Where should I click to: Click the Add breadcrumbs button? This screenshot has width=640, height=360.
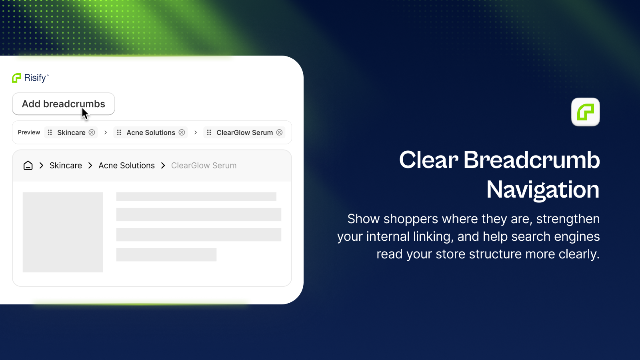[64, 104]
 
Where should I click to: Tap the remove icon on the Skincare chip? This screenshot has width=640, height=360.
[92, 132]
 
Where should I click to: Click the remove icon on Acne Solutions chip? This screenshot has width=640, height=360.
[182, 132]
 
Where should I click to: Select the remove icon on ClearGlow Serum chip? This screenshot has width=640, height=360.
[280, 132]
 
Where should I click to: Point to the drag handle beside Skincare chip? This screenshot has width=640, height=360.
[50, 132]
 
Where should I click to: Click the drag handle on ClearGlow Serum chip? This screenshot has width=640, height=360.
[209, 132]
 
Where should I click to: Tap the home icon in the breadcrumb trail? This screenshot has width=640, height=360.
[28, 166]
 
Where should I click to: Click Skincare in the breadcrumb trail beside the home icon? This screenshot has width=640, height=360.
[66, 166]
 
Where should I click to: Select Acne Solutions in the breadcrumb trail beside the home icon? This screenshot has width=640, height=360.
[126, 166]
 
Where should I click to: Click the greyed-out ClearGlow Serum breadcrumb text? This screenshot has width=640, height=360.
[204, 166]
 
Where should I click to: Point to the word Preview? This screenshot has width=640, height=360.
[29, 132]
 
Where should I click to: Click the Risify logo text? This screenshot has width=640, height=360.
[35, 78]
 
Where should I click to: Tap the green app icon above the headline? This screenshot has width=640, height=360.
[586, 112]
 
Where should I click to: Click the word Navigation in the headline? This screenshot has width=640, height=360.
[543, 190]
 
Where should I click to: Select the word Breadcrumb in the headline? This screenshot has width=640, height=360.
[532, 160]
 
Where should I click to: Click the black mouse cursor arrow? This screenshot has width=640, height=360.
[85, 114]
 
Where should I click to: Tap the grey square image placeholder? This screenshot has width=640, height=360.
[62, 232]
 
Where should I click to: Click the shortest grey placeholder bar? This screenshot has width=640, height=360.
[166, 254]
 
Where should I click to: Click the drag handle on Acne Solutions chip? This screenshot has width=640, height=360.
[119, 132]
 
